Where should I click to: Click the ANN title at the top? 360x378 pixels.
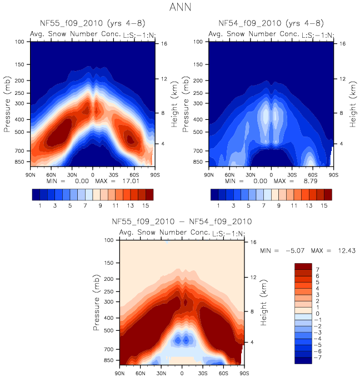coord(179,8)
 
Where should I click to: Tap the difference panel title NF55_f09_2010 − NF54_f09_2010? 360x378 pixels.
coord(182,221)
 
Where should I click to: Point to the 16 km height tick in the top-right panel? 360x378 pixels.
coord(342,43)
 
